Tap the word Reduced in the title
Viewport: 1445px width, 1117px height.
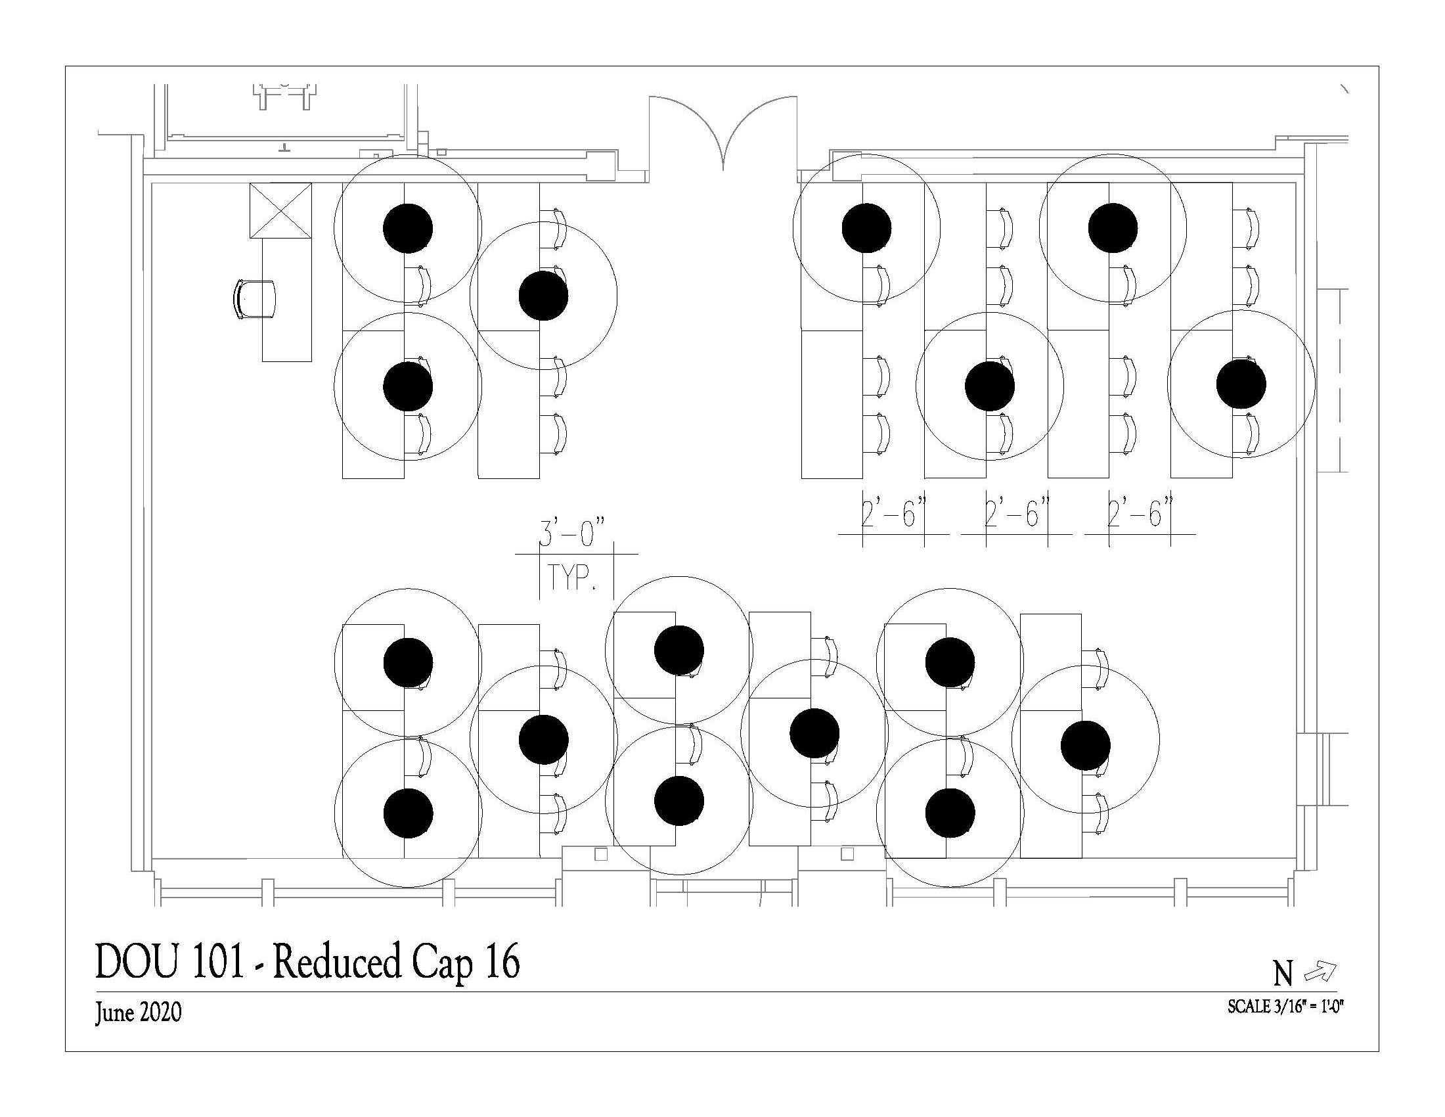click(x=337, y=963)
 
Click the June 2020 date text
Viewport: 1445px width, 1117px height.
click(x=138, y=1013)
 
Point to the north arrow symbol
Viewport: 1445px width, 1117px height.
click(x=1320, y=972)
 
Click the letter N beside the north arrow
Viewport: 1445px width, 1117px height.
click(x=1283, y=973)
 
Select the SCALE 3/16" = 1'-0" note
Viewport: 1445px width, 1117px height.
click(x=1286, y=1007)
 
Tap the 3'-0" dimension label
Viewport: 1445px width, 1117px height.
click(x=572, y=534)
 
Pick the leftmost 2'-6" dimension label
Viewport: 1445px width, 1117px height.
click(x=893, y=513)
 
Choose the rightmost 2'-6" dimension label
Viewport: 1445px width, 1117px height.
click(x=1140, y=513)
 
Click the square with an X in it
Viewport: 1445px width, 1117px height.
click(x=280, y=210)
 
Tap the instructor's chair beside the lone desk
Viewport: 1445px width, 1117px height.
click(x=256, y=299)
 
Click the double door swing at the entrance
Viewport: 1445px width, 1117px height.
click(x=723, y=132)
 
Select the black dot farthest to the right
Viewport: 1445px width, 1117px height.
click(x=1241, y=384)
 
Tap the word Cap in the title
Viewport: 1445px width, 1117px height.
click(x=443, y=963)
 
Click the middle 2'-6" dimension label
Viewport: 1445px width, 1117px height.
click(x=1016, y=513)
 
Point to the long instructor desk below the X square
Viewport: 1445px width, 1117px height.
click(x=286, y=300)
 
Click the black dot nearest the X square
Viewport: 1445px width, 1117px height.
click(x=409, y=228)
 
